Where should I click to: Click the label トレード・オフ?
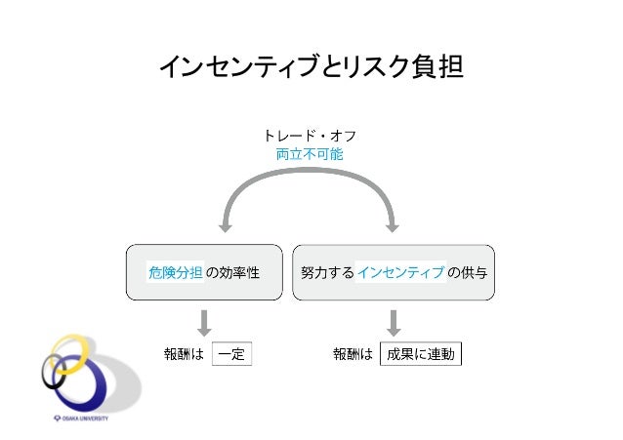pos(311,136)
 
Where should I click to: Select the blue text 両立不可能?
pos(310,154)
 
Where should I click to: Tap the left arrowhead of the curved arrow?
pos(226,225)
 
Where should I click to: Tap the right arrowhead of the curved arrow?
pos(394,225)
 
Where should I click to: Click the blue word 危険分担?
pos(175,272)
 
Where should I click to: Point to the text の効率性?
pos(231,272)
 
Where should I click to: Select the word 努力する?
pos(327,272)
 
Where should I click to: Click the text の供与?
pos(467,272)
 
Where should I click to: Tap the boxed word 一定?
pos(231,354)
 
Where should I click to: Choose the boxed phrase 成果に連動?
pos(420,354)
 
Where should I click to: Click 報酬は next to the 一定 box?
pos(183,354)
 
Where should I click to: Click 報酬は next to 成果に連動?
pos(353,354)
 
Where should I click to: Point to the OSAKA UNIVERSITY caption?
pos(82,418)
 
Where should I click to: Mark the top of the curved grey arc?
pos(310,176)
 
